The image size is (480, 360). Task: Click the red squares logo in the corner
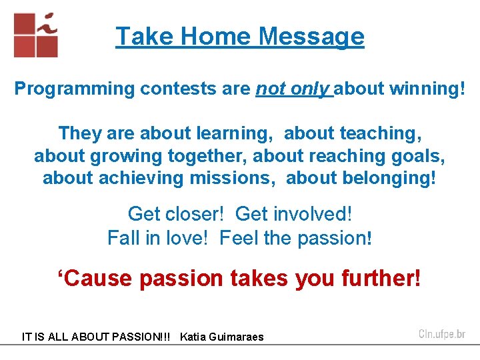pyautogui.click(x=36, y=35)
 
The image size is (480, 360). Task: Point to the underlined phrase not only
pyautogui.click(x=293, y=89)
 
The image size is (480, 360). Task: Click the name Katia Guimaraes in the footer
pyautogui.click(x=221, y=337)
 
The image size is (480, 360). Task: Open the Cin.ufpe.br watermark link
pyautogui.click(x=441, y=334)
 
